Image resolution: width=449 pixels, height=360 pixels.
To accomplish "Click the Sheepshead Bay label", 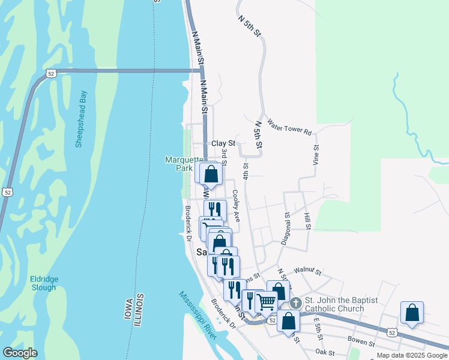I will coord(82,119).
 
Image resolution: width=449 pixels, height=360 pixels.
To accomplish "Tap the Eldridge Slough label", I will coord(43,283).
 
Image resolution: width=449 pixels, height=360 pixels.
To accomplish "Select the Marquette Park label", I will coord(179,164).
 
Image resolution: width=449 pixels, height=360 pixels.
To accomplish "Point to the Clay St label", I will coord(223,144).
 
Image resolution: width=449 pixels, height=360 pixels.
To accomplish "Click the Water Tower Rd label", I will coord(289,127).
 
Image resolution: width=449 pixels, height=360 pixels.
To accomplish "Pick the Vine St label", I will coord(315,154).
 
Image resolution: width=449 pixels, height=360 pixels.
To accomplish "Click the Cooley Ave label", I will coord(236,206).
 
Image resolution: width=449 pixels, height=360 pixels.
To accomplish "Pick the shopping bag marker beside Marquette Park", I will coord(211,174).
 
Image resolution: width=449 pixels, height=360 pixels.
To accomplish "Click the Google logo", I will coord(20,353).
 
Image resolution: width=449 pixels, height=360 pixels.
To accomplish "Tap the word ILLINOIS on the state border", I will coord(139,310).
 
